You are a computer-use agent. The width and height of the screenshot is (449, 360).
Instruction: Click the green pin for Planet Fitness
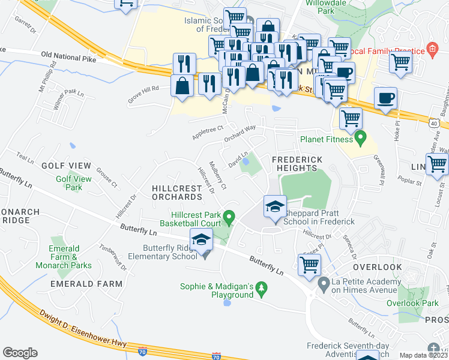[360, 139]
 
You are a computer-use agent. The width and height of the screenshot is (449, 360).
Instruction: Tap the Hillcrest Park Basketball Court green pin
[228, 216]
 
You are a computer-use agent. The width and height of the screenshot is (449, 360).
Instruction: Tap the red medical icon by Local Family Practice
[431, 49]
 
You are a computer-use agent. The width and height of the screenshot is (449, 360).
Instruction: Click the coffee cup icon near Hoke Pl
[385, 98]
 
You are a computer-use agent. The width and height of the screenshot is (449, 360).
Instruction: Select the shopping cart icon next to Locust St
[436, 163]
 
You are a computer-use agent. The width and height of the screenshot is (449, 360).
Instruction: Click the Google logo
[20, 352]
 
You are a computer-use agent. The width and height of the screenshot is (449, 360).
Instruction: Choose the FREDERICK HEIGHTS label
[297, 164]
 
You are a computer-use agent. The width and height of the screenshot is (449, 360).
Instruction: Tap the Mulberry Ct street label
[217, 175]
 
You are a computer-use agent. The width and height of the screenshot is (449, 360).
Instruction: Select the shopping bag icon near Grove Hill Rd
[182, 86]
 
